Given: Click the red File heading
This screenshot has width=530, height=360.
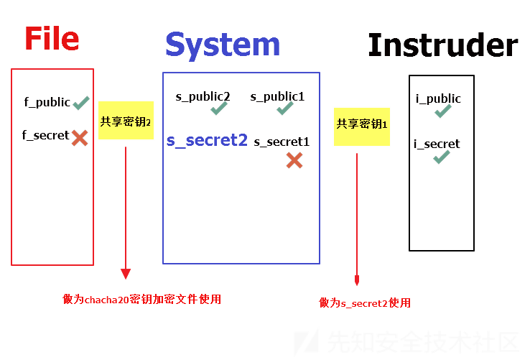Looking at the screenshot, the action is [x=52, y=39].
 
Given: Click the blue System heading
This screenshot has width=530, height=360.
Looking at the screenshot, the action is [x=223, y=46].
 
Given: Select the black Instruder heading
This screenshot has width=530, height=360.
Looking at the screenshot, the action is [x=443, y=45].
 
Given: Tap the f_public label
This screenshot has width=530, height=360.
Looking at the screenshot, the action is [x=47, y=102].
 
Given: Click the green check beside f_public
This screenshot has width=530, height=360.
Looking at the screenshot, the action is [x=81, y=103].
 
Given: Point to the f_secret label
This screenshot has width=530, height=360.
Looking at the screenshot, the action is [x=45, y=135].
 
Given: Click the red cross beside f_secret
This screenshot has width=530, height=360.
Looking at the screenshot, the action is [x=80, y=138].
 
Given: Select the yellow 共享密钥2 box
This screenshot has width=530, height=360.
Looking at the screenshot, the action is [x=126, y=121].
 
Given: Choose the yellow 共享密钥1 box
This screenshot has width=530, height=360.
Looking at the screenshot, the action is [x=362, y=127].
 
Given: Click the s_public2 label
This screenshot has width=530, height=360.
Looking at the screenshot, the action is [x=203, y=97].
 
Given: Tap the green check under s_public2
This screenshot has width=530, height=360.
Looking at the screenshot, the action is [x=219, y=109].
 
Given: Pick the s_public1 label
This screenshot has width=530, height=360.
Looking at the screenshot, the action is [x=277, y=97].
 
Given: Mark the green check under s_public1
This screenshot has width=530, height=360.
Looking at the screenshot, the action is [x=284, y=109].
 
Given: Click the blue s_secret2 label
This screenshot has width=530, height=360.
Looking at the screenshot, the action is [x=207, y=140].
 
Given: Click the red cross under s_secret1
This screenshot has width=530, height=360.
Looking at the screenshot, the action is [x=294, y=160].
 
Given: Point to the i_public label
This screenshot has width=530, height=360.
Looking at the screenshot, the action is [x=438, y=98].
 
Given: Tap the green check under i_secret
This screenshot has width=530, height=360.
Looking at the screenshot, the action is [x=442, y=157].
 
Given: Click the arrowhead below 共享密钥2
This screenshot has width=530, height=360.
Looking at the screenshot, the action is [x=126, y=274].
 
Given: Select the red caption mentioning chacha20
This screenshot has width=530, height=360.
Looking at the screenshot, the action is [x=141, y=300].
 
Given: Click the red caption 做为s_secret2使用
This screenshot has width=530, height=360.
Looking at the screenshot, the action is [x=365, y=303].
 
